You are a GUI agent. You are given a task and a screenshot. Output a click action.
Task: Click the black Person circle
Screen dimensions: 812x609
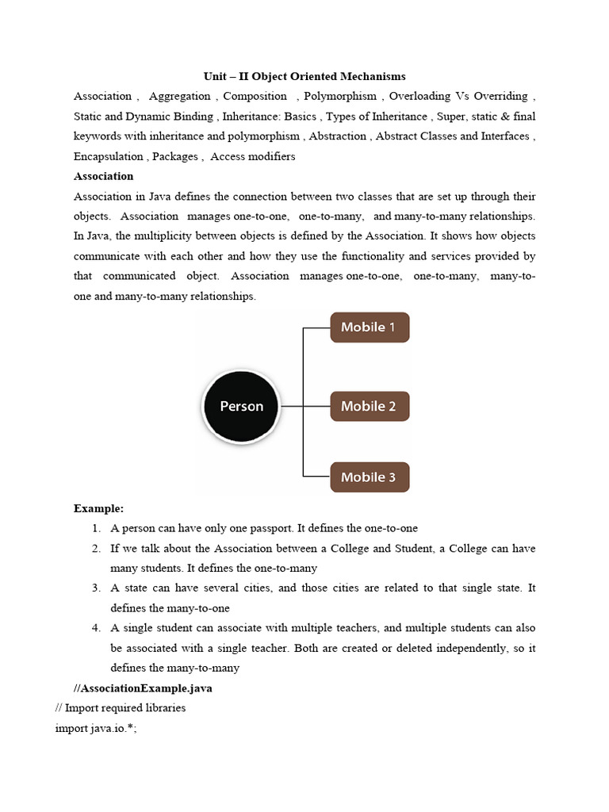tap(241, 406)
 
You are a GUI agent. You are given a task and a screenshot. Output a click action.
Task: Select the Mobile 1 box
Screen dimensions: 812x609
tap(370, 327)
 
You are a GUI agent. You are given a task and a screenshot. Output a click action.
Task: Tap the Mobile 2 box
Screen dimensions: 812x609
tap(370, 406)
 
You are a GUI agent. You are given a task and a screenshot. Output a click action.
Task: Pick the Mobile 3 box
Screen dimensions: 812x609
tap(370, 477)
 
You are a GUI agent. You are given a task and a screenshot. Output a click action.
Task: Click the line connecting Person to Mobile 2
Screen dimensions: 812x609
tap(305, 406)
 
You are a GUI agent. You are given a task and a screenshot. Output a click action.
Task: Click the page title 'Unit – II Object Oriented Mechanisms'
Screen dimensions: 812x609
tap(304, 76)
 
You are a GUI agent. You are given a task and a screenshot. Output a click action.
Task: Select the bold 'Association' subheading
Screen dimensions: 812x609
tap(103, 176)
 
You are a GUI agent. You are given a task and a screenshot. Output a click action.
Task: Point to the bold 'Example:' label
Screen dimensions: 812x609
tap(98, 508)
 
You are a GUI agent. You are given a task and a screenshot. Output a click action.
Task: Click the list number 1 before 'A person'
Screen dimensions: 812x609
tap(95, 528)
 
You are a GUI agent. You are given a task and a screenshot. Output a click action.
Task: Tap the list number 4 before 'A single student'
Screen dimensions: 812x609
tap(95, 628)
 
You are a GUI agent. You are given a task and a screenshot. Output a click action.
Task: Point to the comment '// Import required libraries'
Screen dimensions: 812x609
tap(120, 708)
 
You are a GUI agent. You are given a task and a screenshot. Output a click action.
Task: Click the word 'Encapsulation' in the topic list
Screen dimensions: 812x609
tap(109, 156)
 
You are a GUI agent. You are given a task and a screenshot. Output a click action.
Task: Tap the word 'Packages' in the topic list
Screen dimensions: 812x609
tap(175, 156)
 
